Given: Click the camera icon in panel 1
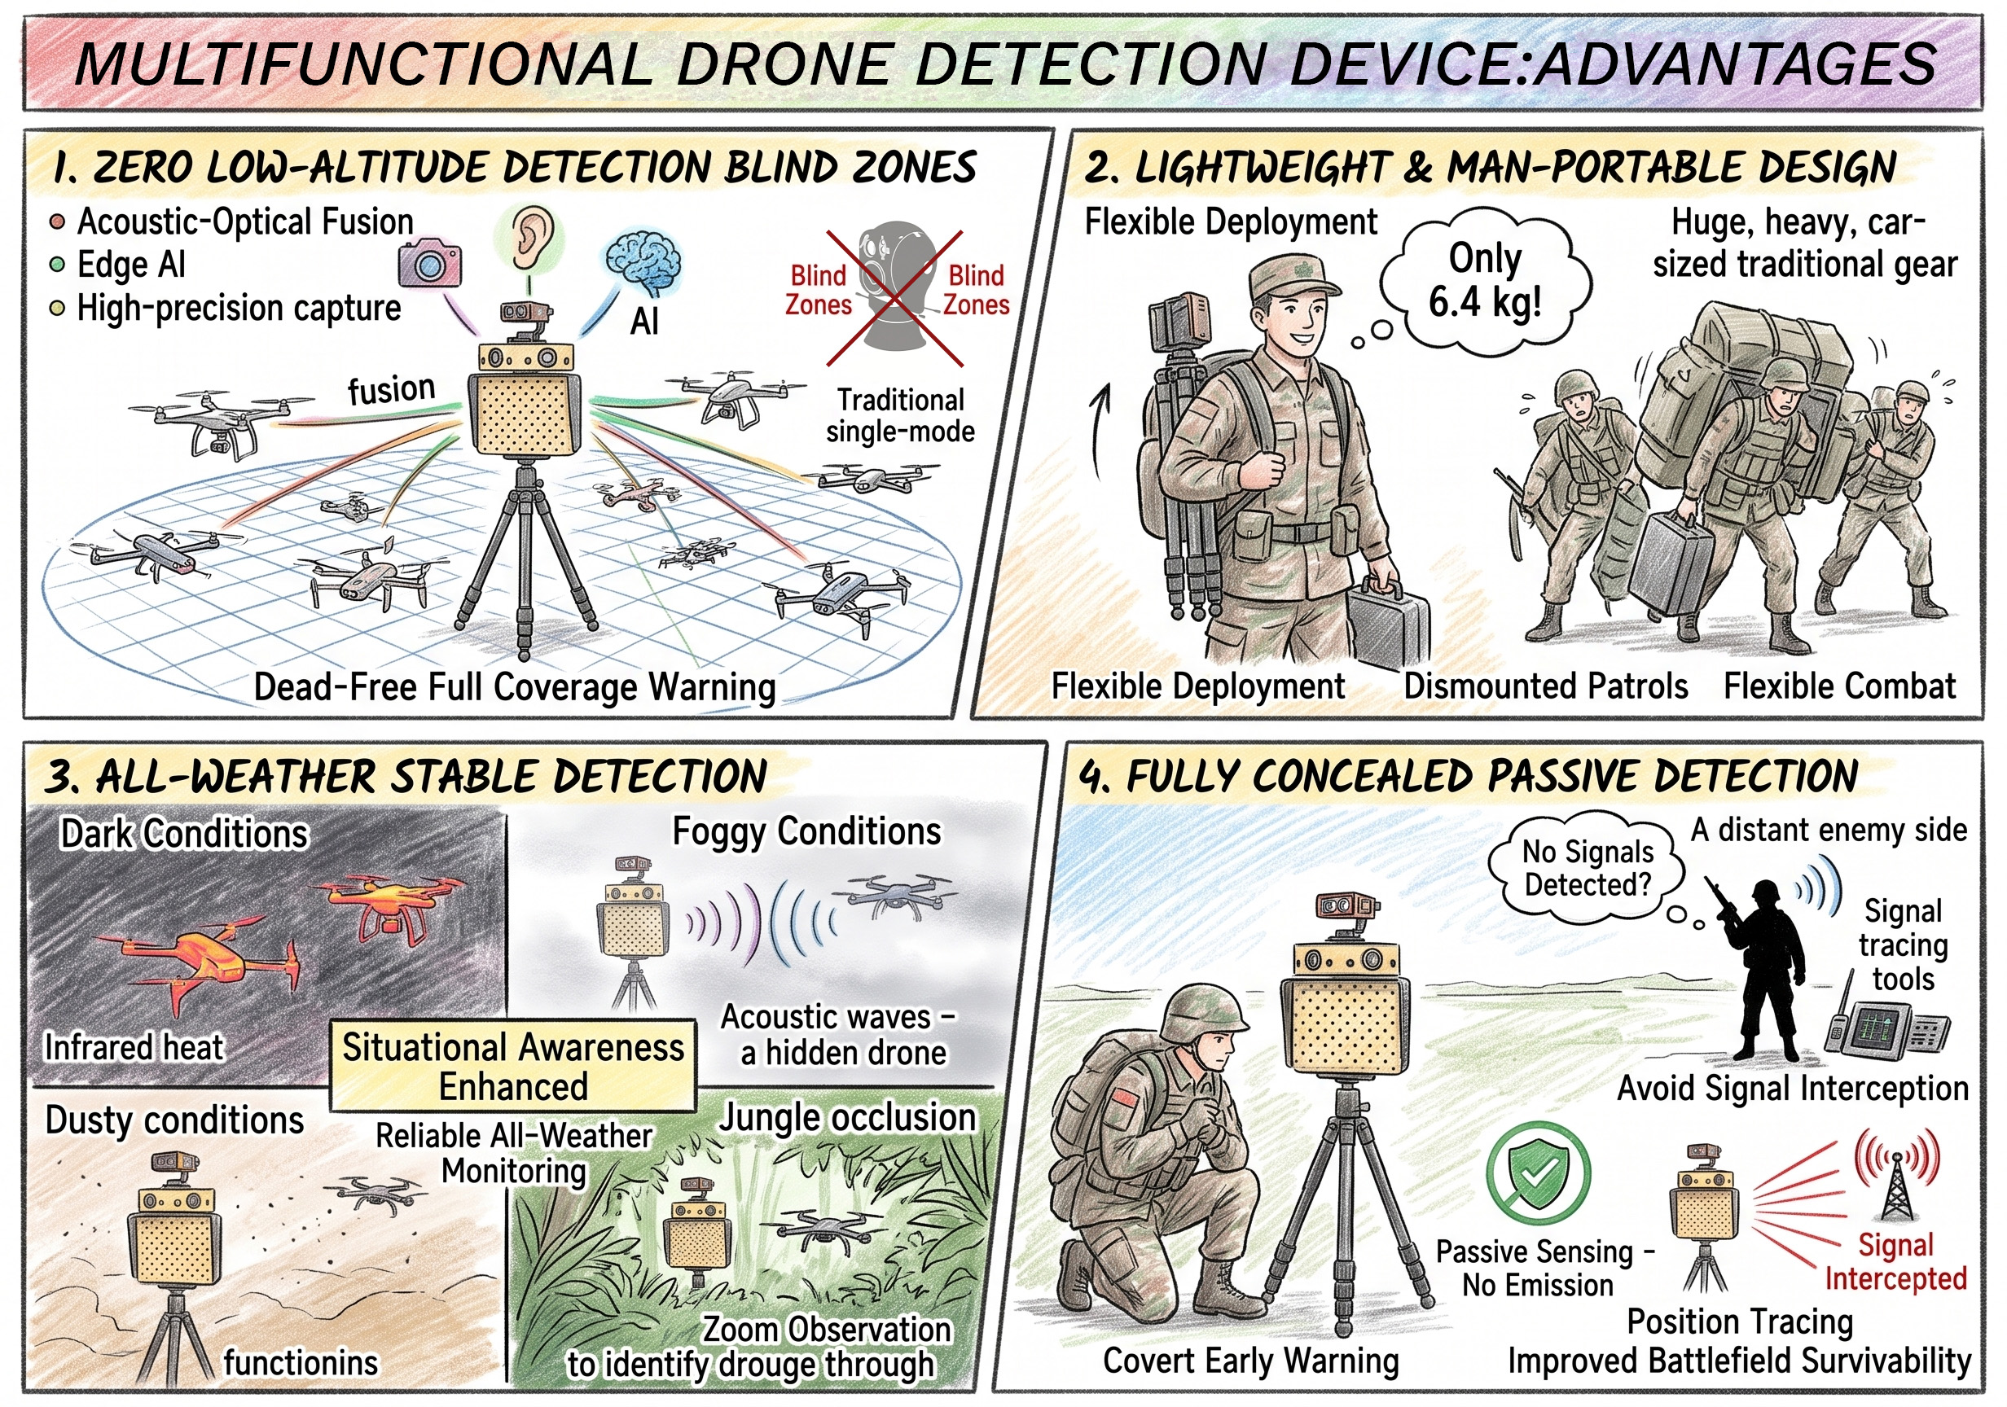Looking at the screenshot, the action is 429,263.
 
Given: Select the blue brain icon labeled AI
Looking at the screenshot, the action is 644,261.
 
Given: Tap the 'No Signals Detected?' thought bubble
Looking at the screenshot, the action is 1587,868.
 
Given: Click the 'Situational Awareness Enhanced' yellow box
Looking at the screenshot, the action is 513,1066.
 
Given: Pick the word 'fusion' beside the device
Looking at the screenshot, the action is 391,389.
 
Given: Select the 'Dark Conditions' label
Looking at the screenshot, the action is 184,834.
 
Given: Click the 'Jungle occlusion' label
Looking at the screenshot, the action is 847,1118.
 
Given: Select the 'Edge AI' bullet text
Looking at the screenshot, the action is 131,264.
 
